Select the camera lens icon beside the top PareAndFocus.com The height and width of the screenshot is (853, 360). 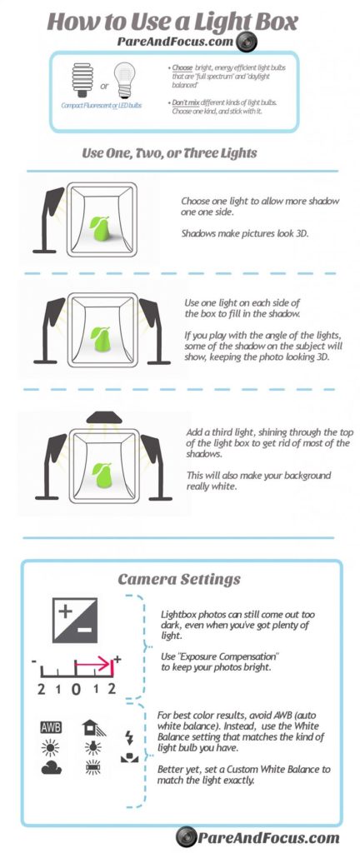click(246, 41)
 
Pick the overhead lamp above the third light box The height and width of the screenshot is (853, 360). click(102, 417)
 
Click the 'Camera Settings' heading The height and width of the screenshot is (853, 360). click(178, 578)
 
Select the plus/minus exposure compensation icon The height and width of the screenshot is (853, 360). click(74, 621)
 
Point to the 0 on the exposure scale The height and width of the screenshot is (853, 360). click(75, 689)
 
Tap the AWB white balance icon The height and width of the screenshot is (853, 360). click(51, 727)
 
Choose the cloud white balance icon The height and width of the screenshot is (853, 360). click(51, 767)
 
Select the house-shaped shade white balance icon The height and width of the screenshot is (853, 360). click(94, 727)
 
